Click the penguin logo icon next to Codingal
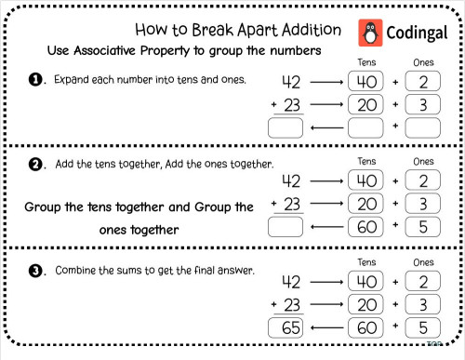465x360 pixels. (371, 34)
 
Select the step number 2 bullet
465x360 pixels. (37, 165)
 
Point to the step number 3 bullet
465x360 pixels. (37, 272)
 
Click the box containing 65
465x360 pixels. (286, 327)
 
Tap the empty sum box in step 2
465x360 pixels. (286, 225)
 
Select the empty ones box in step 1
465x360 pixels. (423, 127)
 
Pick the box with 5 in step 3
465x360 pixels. (423, 327)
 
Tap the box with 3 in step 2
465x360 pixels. (423, 203)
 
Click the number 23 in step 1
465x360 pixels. (292, 105)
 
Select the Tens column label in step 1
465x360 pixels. (366, 61)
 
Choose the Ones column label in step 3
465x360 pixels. (423, 262)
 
